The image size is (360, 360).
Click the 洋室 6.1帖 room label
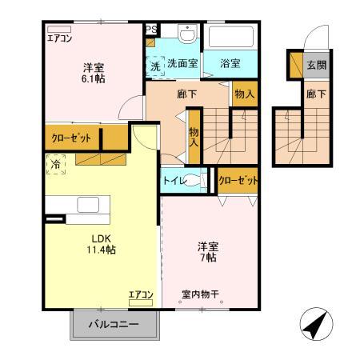(94, 73)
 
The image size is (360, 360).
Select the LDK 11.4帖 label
(102, 243)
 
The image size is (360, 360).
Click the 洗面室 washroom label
(182, 63)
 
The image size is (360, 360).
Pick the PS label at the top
(151, 29)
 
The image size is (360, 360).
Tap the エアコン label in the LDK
(140, 295)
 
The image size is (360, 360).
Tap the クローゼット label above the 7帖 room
(238, 181)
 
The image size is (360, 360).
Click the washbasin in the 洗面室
(186, 36)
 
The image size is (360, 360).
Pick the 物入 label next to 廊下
(245, 94)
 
